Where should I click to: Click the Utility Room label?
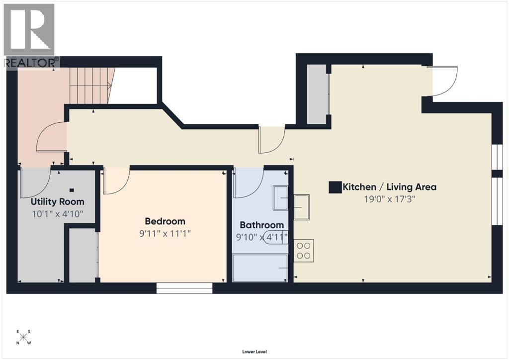pyautogui.click(x=57, y=202)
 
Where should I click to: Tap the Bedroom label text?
pyautogui.click(x=165, y=221)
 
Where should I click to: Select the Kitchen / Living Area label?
pyautogui.click(x=390, y=187)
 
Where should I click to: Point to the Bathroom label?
pyautogui.click(x=261, y=225)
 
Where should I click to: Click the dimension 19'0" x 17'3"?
pyautogui.click(x=390, y=199)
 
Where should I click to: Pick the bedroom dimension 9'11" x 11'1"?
pyautogui.click(x=165, y=233)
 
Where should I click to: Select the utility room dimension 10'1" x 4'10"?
pyautogui.click(x=57, y=214)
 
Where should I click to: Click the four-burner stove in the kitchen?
pyautogui.click(x=303, y=250)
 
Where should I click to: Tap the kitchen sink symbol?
pyautogui.click(x=302, y=207)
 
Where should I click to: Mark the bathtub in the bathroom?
pyautogui.click(x=260, y=268)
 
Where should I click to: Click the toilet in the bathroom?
pyautogui.click(x=276, y=237)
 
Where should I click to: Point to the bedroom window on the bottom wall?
pyautogui.click(x=184, y=288)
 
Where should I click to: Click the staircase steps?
pyautogui.click(x=89, y=86)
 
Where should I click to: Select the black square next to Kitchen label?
pyautogui.click(x=335, y=187)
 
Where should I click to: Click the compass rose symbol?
pyautogui.click(x=23, y=337)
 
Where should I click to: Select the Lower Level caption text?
pyautogui.click(x=254, y=352)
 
